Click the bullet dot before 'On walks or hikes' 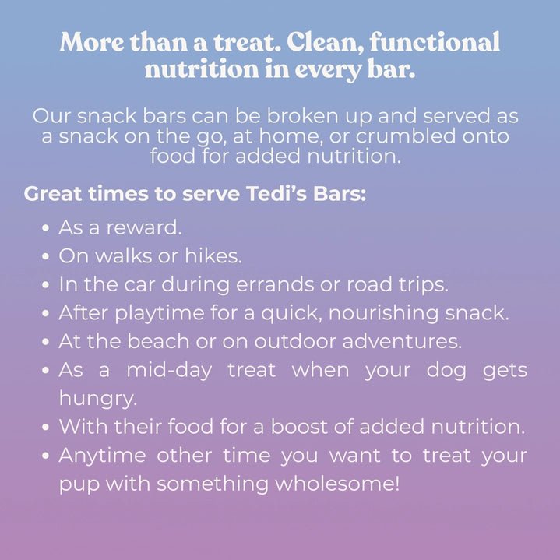pyautogui.click(x=47, y=256)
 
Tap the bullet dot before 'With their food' pyautogui.click(x=47, y=428)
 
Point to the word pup pyautogui.click(x=76, y=484)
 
